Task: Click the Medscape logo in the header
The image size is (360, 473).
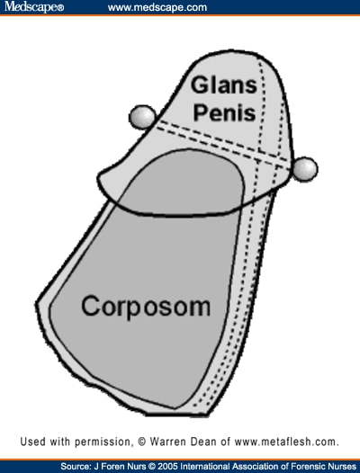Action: point(34,6)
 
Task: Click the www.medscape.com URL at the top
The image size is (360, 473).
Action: point(157,7)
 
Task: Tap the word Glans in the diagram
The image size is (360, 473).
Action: point(224,85)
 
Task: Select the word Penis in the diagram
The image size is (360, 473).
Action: point(225,112)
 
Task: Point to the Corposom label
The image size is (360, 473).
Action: point(146,307)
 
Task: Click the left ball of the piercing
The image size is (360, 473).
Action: point(142,117)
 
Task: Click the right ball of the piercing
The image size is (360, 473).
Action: point(305,169)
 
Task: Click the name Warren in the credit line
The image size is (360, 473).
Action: point(168,442)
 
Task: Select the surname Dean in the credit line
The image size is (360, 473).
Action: point(203,442)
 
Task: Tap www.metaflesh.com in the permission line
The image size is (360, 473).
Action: point(287,442)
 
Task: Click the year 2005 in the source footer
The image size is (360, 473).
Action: point(166,467)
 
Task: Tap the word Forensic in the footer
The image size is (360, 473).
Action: point(307,467)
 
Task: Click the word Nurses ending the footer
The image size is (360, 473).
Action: point(341,467)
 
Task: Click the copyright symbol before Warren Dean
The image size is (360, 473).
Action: point(142,442)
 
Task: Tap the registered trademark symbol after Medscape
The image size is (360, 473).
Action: point(60,7)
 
